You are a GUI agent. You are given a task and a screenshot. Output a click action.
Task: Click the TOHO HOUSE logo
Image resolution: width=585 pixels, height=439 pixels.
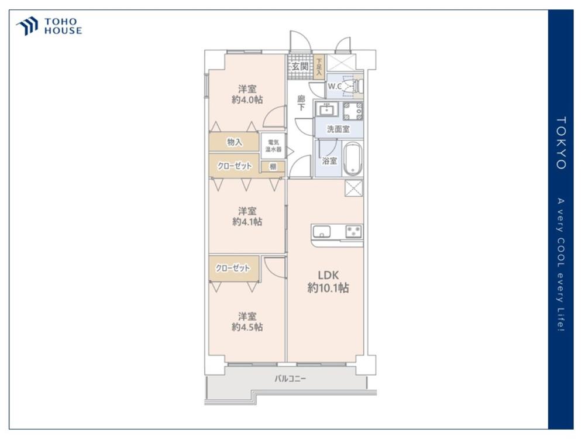(x=49, y=26)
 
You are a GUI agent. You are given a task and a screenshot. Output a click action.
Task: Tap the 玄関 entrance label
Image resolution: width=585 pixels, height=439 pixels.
(x=300, y=67)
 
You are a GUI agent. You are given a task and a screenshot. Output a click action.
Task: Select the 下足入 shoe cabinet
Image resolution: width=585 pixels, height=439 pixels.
(x=319, y=67)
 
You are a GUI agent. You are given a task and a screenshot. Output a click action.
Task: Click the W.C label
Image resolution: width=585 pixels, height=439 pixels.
(x=334, y=86)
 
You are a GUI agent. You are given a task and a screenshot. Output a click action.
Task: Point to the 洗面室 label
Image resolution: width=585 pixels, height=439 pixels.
(x=338, y=129)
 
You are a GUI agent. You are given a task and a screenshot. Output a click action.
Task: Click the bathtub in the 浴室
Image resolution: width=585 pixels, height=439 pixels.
(x=352, y=158)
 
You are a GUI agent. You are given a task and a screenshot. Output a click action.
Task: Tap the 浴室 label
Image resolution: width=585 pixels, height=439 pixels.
(x=329, y=161)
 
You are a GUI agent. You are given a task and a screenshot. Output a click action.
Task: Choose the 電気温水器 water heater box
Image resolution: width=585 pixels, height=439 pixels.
(x=273, y=146)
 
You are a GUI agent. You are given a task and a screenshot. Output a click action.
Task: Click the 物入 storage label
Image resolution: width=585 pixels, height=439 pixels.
(x=235, y=142)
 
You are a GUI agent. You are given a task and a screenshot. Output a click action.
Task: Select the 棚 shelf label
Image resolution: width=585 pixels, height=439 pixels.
(x=273, y=166)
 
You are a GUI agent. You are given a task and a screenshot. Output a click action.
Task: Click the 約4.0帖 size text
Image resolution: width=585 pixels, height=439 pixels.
(x=247, y=100)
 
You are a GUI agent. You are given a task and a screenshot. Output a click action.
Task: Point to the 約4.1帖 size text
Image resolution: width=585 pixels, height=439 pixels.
(x=247, y=222)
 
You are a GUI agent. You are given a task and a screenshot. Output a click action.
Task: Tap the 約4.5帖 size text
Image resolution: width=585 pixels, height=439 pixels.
(x=247, y=327)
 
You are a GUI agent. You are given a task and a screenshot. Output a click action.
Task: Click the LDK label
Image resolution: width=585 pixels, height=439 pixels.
(x=328, y=276)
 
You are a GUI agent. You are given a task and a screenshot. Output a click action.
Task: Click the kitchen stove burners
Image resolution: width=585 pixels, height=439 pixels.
(x=353, y=231)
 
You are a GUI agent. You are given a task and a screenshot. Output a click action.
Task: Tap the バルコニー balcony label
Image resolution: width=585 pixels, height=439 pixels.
(x=290, y=379)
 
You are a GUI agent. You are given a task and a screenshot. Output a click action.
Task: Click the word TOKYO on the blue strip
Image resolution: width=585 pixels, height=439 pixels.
(x=561, y=143)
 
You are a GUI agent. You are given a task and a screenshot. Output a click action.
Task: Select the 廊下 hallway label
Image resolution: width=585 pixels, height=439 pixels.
(x=301, y=103)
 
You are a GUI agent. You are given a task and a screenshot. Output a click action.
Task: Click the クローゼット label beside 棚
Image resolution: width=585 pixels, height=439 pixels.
(x=235, y=166)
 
